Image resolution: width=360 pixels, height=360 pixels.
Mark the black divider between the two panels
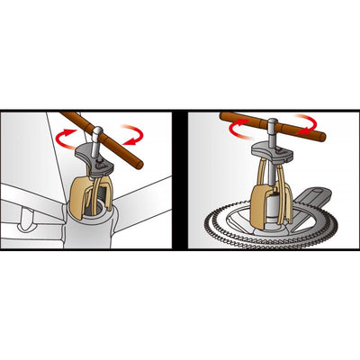click(179, 180)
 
